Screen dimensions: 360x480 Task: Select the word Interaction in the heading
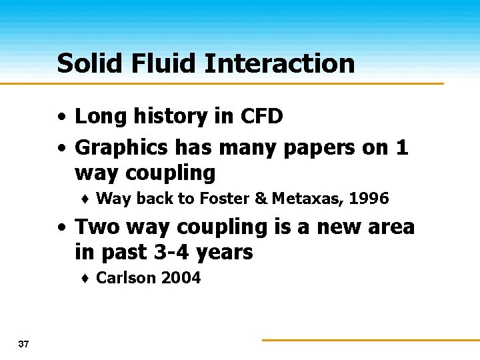[279, 63]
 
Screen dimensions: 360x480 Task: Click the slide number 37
[24, 344]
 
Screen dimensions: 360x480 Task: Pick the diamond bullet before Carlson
[87, 279]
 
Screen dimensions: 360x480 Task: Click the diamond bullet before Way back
[87, 199]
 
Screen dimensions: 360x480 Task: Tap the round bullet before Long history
[61, 117]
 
